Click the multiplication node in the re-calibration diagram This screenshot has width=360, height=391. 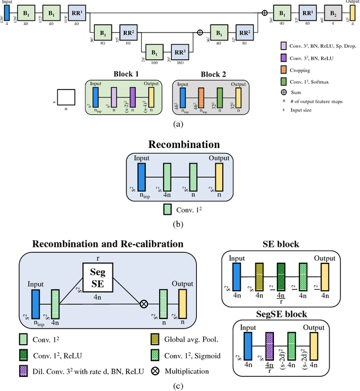point(144,303)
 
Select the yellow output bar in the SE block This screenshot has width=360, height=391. point(325,276)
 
